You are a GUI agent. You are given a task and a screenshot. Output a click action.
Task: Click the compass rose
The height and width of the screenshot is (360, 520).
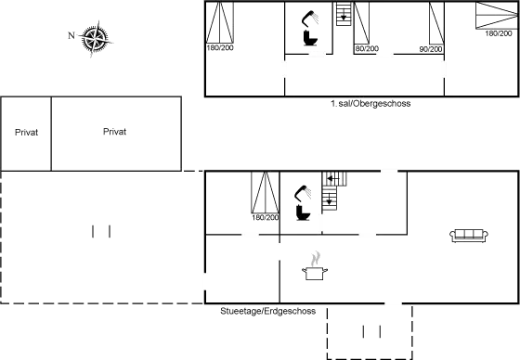point(95,39)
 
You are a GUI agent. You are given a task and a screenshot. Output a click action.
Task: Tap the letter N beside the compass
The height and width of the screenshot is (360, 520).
point(71,35)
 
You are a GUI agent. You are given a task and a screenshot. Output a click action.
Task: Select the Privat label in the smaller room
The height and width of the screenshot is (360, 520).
point(26,133)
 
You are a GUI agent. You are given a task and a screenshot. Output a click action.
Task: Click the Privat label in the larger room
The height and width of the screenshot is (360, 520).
point(114,133)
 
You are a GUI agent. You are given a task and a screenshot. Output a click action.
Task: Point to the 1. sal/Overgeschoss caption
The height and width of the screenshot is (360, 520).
point(370,103)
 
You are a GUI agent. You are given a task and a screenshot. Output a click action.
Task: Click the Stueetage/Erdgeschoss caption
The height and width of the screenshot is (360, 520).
point(267,311)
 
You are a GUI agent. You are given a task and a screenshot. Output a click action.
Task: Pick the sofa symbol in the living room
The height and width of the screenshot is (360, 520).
point(469,236)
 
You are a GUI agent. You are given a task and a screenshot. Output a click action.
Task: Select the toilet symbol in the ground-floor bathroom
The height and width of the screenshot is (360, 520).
point(301,203)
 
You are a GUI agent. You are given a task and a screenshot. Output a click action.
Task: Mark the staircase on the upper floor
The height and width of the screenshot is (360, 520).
point(344,14)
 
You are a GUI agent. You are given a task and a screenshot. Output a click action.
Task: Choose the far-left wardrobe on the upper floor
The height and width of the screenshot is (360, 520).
point(220,26)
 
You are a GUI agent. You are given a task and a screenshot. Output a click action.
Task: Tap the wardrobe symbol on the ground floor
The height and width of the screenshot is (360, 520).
point(266,198)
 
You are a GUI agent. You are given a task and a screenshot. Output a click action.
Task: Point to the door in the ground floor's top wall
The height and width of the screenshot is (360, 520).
point(390,171)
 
